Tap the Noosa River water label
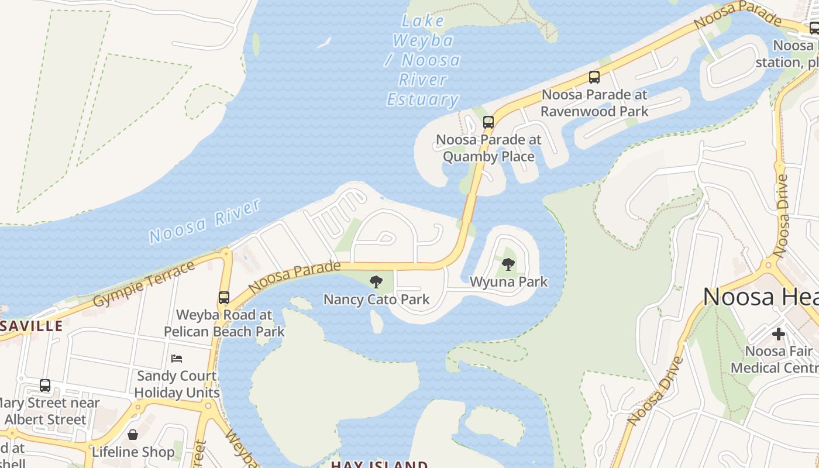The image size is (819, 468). [x=204, y=221]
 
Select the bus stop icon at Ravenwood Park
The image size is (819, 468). [x=594, y=77]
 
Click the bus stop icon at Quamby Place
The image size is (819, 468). [x=488, y=122]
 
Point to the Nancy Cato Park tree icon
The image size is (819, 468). [x=376, y=282]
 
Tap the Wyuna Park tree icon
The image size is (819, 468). [x=508, y=264]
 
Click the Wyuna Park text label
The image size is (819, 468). [x=508, y=282]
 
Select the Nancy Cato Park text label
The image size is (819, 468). [x=376, y=300]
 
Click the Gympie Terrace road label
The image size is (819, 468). [x=144, y=284]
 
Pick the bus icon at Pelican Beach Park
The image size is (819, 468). [x=224, y=297]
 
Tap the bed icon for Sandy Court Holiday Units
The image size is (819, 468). [x=177, y=358]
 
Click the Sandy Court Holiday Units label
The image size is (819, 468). [x=177, y=384]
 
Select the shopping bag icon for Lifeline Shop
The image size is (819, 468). [x=133, y=435]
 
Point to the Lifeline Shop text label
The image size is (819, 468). [x=133, y=452]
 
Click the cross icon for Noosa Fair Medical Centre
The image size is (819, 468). [x=778, y=334]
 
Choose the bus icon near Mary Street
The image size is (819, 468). [x=45, y=386]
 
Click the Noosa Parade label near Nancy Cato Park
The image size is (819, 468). [x=294, y=277]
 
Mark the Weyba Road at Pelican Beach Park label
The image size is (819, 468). [x=224, y=323]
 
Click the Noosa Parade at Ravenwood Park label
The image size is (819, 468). [x=594, y=103]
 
